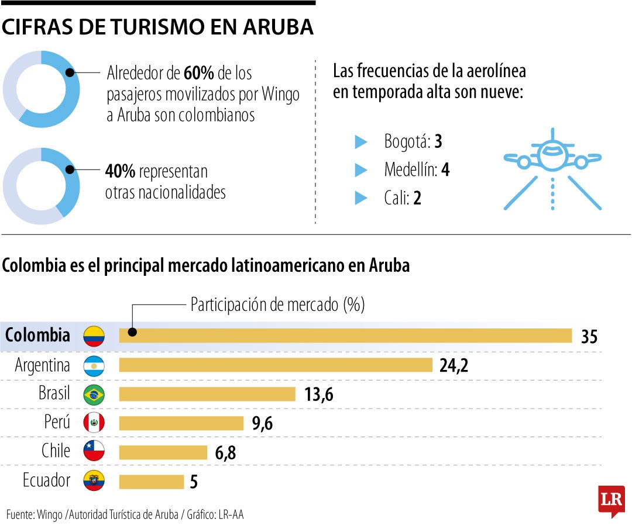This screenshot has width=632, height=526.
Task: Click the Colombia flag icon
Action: (x=94, y=336)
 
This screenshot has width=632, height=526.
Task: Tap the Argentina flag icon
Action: (x=94, y=365)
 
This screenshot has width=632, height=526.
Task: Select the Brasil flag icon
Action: (x=94, y=394)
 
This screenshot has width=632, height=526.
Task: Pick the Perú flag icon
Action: (x=94, y=423)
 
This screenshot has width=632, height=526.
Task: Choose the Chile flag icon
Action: (x=94, y=451)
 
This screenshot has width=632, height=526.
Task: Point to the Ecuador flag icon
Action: (x=94, y=480)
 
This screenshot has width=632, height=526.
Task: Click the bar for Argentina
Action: (x=276, y=365)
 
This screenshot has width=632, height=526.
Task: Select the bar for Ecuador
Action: (x=151, y=482)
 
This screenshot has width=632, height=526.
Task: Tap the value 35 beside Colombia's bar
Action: (x=589, y=337)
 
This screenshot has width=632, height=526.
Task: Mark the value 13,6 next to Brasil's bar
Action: (x=318, y=395)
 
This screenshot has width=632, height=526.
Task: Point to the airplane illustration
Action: (x=552, y=168)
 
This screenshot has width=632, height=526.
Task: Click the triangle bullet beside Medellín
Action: (x=361, y=170)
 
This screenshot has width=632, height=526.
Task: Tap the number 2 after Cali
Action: (x=417, y=199)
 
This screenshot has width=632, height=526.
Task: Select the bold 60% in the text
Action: (x=198, y=74)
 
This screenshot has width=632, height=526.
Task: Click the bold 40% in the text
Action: (x=121, y=172)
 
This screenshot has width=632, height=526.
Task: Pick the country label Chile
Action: (x=56, y=451)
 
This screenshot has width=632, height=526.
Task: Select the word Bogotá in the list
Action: (x=406, y=141)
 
